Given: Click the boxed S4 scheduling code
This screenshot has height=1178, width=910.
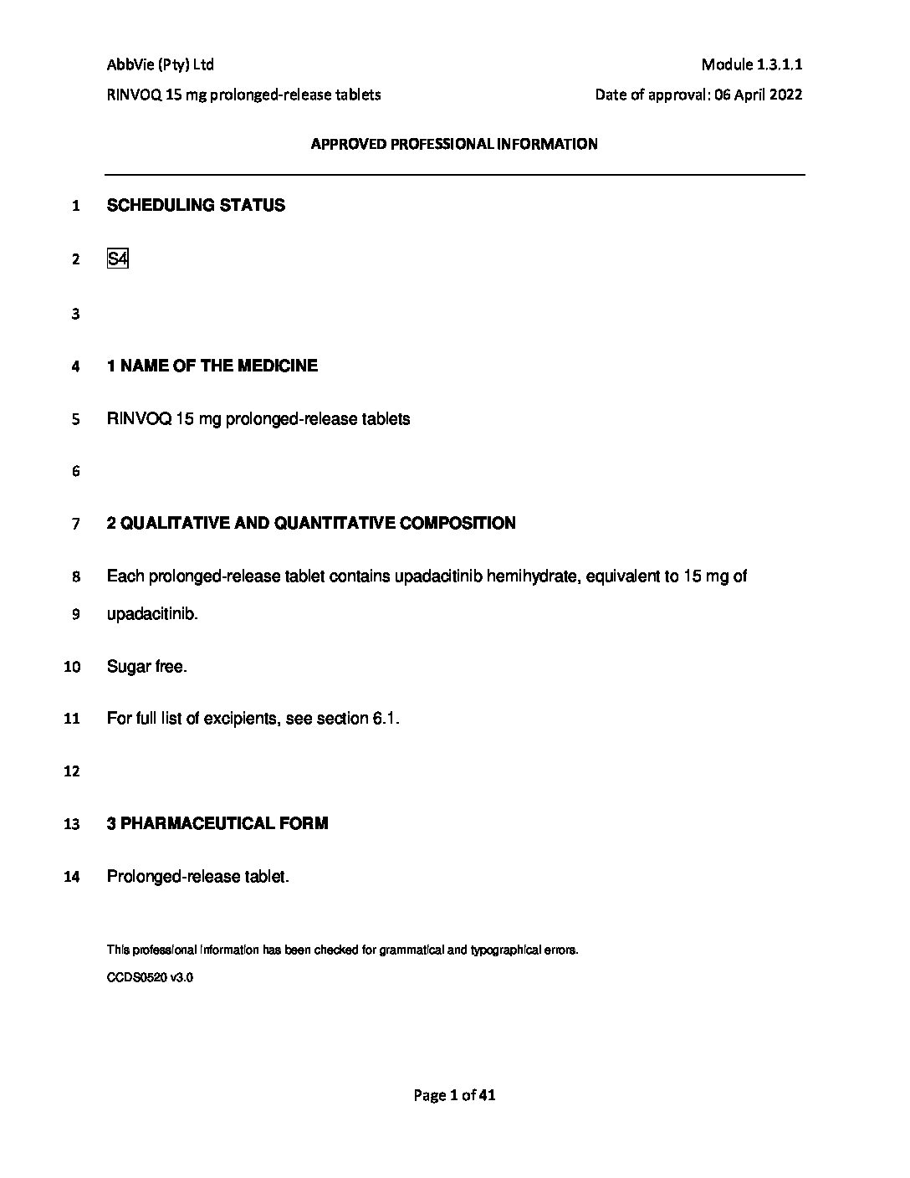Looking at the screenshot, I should point(117,259).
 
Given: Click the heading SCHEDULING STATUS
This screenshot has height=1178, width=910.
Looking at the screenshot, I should point(196,206).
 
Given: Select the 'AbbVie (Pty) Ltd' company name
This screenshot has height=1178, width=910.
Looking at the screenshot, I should point(161,64).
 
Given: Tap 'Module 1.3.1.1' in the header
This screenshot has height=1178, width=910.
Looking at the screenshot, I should point(752,64).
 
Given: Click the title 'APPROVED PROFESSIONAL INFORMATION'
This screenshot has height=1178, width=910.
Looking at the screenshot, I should point(454,144).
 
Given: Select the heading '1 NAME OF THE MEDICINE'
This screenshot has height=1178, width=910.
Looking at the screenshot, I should point(212,366).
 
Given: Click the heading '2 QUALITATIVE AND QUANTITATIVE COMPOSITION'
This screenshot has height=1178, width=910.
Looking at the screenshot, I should point(311,524).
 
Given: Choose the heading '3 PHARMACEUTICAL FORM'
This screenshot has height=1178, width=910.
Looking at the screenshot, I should point(217,823).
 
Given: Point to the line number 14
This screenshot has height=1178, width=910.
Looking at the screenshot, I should point(72,878).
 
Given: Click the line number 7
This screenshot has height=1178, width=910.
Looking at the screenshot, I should point(75,525).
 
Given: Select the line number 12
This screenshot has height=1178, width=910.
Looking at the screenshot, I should point(72,771).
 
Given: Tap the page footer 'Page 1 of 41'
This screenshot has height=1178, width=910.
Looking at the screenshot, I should point(455,1094).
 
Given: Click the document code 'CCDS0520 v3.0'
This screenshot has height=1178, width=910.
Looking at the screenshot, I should point(150,976).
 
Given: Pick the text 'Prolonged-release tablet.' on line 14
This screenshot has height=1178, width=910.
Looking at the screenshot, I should point(197,877).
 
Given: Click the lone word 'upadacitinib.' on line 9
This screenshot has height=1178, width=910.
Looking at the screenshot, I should point(153,614).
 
